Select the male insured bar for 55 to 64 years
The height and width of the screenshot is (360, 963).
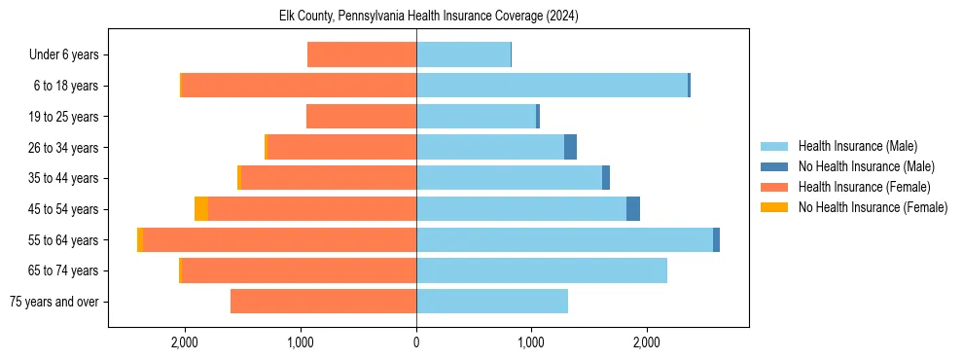click(564, 239)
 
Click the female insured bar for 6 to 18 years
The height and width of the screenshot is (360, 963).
click(299, 86)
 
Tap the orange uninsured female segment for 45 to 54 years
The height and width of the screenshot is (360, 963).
click(201, 208)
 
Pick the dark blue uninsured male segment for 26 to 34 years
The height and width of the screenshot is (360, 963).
click(570, 147)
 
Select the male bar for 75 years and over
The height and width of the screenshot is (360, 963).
click(492, 301)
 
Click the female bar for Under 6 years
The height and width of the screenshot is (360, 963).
click(362, 54)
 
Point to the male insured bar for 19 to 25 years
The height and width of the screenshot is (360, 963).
click(476, 117)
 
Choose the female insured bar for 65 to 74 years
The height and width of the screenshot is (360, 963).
click(299, 270)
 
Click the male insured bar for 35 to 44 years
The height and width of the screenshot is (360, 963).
click(509, 178)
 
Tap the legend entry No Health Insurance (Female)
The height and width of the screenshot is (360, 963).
click(873, 207)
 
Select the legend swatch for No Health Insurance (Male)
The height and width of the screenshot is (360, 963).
click(774, 166)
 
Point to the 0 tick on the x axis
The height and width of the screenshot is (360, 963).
click(416, 342)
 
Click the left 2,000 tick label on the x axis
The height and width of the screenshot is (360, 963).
click(185, 342)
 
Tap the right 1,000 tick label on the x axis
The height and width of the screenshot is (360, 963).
click(531, 342)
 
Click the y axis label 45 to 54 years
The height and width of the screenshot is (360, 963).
click(63, 209)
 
